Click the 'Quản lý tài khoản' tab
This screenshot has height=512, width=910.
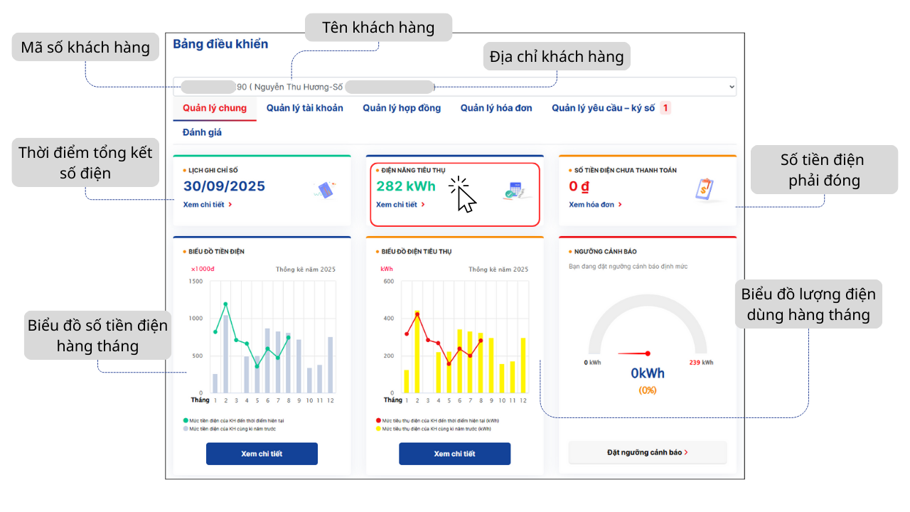coord(304,108)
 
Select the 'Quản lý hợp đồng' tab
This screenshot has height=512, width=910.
coord(402,108)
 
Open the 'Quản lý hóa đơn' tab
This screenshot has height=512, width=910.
coord(496,108)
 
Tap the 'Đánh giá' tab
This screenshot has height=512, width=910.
coord(203,132)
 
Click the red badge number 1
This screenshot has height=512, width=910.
coord(665,108)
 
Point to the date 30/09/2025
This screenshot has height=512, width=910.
coord(224,186)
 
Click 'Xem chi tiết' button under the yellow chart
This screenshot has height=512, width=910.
coord(454,454)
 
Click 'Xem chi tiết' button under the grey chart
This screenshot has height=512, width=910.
coord(262,454)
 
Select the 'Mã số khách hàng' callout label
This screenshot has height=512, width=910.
coord(85,48)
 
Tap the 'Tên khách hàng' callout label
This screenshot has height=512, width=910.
coord(378,28)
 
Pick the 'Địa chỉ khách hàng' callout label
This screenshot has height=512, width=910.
coord(557,56)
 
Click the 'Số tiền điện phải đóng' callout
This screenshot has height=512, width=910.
coord(824,170)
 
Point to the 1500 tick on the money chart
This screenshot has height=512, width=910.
coord(196,282)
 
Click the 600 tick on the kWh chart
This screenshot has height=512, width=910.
coord(389,282)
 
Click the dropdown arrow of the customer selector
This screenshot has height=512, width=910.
coord(732,87)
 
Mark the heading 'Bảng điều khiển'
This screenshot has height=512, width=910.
coord(220,44)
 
